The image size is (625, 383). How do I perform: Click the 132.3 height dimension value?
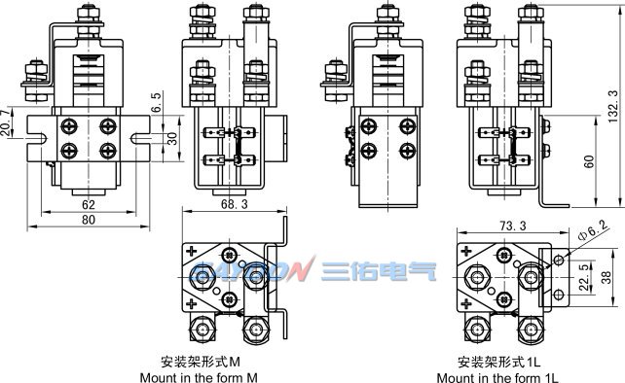pos(613,106)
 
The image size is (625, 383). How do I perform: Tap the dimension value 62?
pos(89,205)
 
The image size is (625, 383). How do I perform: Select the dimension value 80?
pos(89,220)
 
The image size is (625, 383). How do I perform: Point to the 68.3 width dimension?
pos(235,204)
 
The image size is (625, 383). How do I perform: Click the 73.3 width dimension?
pos(513,226)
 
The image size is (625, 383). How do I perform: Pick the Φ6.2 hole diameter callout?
pos(593,230)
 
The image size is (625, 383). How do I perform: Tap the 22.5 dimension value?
pos(584,277)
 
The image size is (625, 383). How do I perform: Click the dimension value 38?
pos(606,277)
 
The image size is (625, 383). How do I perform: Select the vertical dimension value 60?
pos(589,161)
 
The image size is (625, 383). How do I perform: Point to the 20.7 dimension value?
pos(6,122)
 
